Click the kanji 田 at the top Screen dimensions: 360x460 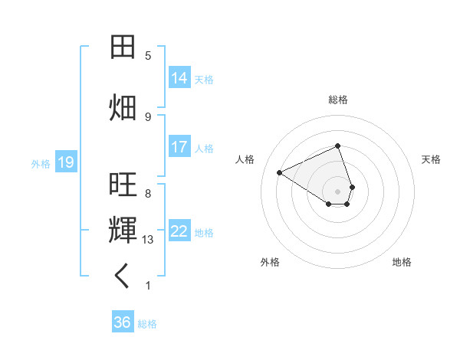click(123, 48)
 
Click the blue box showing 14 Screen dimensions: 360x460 click(179, 78)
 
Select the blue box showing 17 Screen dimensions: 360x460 click(179, 147)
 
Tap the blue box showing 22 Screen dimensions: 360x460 click(179, 231)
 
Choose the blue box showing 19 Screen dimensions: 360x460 click(66, 162)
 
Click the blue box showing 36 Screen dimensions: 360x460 click(123, 322)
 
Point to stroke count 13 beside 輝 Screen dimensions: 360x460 click(149, 240)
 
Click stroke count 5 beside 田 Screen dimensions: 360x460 click(148, 56)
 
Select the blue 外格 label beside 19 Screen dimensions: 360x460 click(41, 163)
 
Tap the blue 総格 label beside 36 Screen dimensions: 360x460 click(147, 324)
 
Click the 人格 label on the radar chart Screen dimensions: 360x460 click(245, 159)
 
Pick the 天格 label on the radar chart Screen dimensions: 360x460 click(431, 159)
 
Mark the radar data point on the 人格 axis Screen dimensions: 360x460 click(280, 172)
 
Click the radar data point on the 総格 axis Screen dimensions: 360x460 click(338, 146)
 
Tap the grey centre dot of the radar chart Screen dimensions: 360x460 click(338, 191)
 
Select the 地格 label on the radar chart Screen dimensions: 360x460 click(402, 262)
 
